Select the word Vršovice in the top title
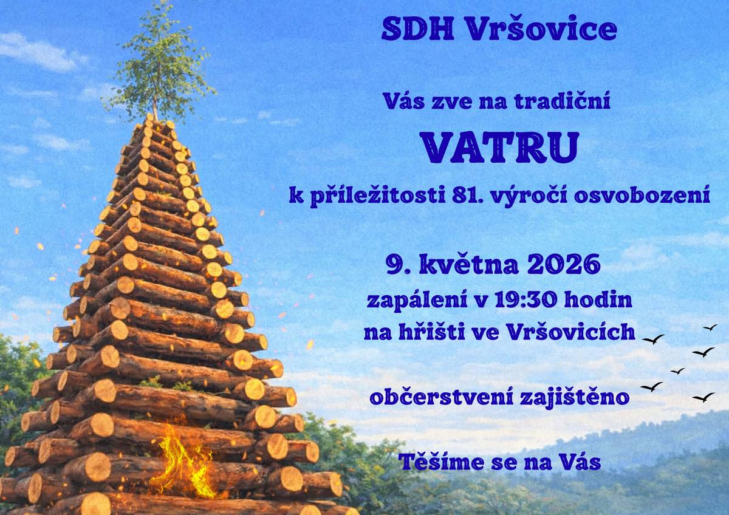[540, 29]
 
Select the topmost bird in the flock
[710, 327]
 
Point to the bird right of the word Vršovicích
[653, 339]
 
